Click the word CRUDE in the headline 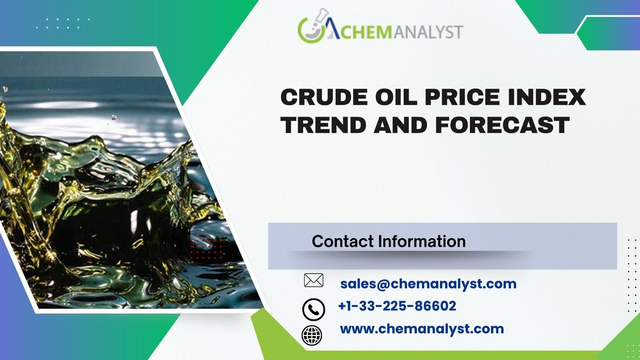coord(324,97)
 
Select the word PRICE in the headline coord(462,97)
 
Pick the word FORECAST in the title coord(502,125)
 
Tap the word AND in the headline coord(400,125)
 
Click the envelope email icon coord(314,280)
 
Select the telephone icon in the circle coord(314,310)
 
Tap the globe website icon coord(312,335)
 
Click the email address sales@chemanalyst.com coord(428,284)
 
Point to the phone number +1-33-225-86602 coord(397,306)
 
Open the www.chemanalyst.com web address coord(422,329)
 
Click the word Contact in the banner coord(342,241)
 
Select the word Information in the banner coord(422,241)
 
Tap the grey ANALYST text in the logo coord(428,32)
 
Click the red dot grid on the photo coord(206,249)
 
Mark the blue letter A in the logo coord(332,28)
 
